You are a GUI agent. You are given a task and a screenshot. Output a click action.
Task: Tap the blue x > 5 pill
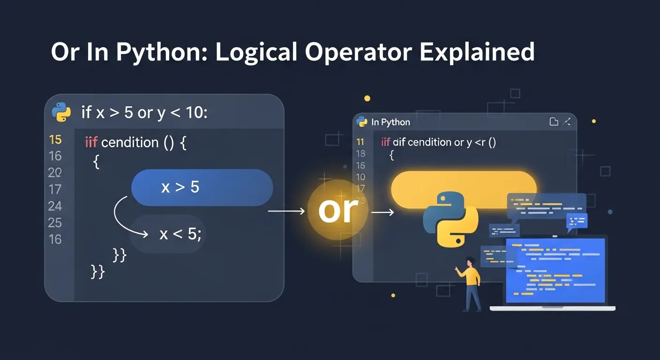pyautogui.click(x=202, y=187)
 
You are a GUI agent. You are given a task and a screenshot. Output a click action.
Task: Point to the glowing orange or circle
pyautogui.click(x=337, y=210)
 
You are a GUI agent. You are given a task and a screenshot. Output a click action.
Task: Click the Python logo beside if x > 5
pyautogui.click(x=61, y=112)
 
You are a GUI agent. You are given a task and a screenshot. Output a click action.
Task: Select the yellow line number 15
pyautogui.click(x=55, y=139)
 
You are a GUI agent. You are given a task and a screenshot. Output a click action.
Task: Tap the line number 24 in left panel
pyautogui.click(x=55, y=206)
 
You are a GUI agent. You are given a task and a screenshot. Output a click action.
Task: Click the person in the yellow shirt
pyautogui.click(x=470, y=284)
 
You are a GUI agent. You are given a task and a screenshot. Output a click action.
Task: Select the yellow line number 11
pyautogui.click(x=360, y=142)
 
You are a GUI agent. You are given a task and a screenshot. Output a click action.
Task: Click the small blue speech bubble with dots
pyautogui.click(x=577, y=220)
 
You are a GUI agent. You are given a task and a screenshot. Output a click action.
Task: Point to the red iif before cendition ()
pyautogui.click(x=91, y=142)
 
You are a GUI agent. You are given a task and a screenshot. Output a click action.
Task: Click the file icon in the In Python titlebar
pyautogui.click(x=554, y=122)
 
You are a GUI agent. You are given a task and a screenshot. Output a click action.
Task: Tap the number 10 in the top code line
pyautogui.click(x=194, y=113)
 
